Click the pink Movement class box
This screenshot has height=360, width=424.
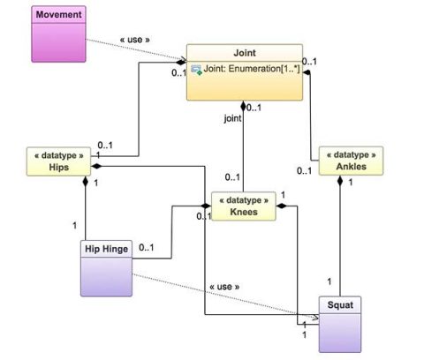pos(58,34)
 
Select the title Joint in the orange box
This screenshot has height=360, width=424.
pos(245,53)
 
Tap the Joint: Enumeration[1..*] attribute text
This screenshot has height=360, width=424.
pos(252,69)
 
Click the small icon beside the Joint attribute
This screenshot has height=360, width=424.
pos(196,70)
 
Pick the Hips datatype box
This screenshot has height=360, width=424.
pos(58,161)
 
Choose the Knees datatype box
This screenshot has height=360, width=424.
pos(244,206)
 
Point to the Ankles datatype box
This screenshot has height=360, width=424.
pos(351,161)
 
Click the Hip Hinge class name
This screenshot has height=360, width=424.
pos(106,249)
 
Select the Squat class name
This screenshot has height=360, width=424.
pos(340,305)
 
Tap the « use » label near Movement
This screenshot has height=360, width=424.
pos(135,40)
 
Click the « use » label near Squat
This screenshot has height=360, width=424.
pos(224,287)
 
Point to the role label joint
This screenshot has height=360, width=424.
pos(232,118)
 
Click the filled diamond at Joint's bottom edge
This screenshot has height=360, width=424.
pos(243,106)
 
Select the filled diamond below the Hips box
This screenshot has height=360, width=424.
pos(86,181)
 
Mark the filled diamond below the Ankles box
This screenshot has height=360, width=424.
pos(340,180)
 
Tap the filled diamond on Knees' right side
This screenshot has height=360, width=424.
pos(282,206)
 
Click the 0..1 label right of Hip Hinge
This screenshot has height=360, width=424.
pos(147,248)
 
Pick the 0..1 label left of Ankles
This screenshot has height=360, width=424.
pos(304,171)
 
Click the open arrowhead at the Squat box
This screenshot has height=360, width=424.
pos(316,318)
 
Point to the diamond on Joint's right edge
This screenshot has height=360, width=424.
pos(307,72)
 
